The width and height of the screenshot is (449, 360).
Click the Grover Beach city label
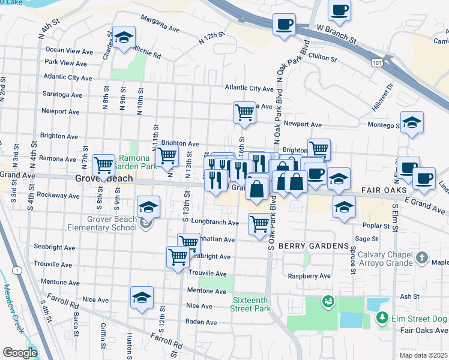pyautogui.click(x=104, y=179)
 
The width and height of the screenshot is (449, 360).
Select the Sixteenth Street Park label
pyautogui.click(x=251, y=304)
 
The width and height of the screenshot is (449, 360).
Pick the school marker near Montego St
pyautogui.click(x=412, y=122)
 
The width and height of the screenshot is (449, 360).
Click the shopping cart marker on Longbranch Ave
pyautogui.click(x=259, y=224)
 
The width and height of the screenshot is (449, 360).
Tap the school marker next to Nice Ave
pyautogui.click(x=142, y=298)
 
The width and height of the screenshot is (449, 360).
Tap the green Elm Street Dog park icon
pyautogui.click(x=381, y=316)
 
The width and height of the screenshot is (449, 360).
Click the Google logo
pyautogui.click(x=20, y=353)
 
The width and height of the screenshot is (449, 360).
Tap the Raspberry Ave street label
pyautogui.click(x=309, y=276)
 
